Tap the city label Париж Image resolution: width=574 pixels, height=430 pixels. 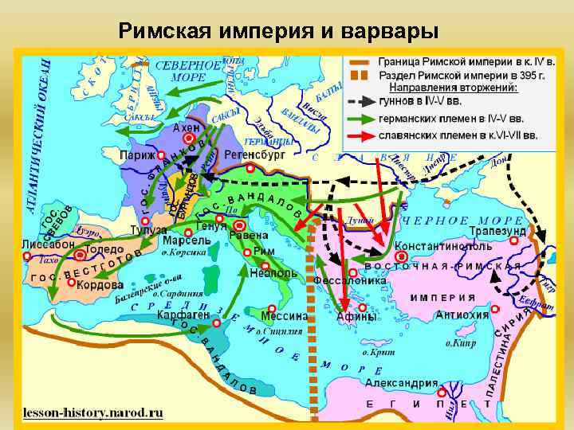(x=137, y=155)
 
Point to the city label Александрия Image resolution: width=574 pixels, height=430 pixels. (x=402, y=383)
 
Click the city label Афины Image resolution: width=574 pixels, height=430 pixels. (x=356, y=316)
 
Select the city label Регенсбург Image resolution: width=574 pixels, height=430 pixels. (x=254, y=155)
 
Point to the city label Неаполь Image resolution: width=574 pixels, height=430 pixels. (x=273, y=272)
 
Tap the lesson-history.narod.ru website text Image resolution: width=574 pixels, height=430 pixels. (x=92, y=413)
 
